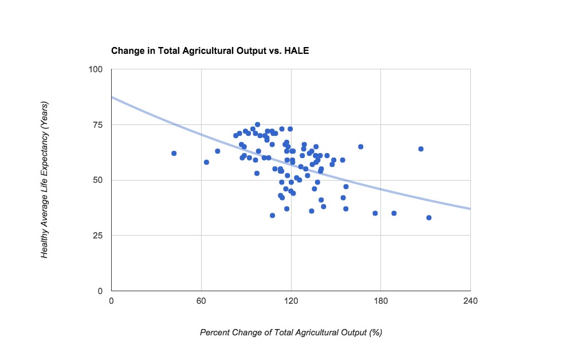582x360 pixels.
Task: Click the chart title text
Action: coord(210,51)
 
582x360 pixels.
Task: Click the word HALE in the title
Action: coord(298,51)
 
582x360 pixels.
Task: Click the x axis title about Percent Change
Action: coord(290,332)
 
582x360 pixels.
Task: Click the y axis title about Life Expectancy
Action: coord(45,180)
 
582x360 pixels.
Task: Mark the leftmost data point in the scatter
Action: coord(174,153)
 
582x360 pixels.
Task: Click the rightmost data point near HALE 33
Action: coord(429,218)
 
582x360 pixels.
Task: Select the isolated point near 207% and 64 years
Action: coord(421,149)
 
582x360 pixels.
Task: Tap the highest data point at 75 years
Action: coord(258,124)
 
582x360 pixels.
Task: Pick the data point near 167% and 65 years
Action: coord(361,147)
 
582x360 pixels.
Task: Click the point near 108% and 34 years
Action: coord(273,216)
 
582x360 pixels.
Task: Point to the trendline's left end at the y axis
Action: coord(112,97)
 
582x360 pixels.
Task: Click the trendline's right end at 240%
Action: coord(470,209)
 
